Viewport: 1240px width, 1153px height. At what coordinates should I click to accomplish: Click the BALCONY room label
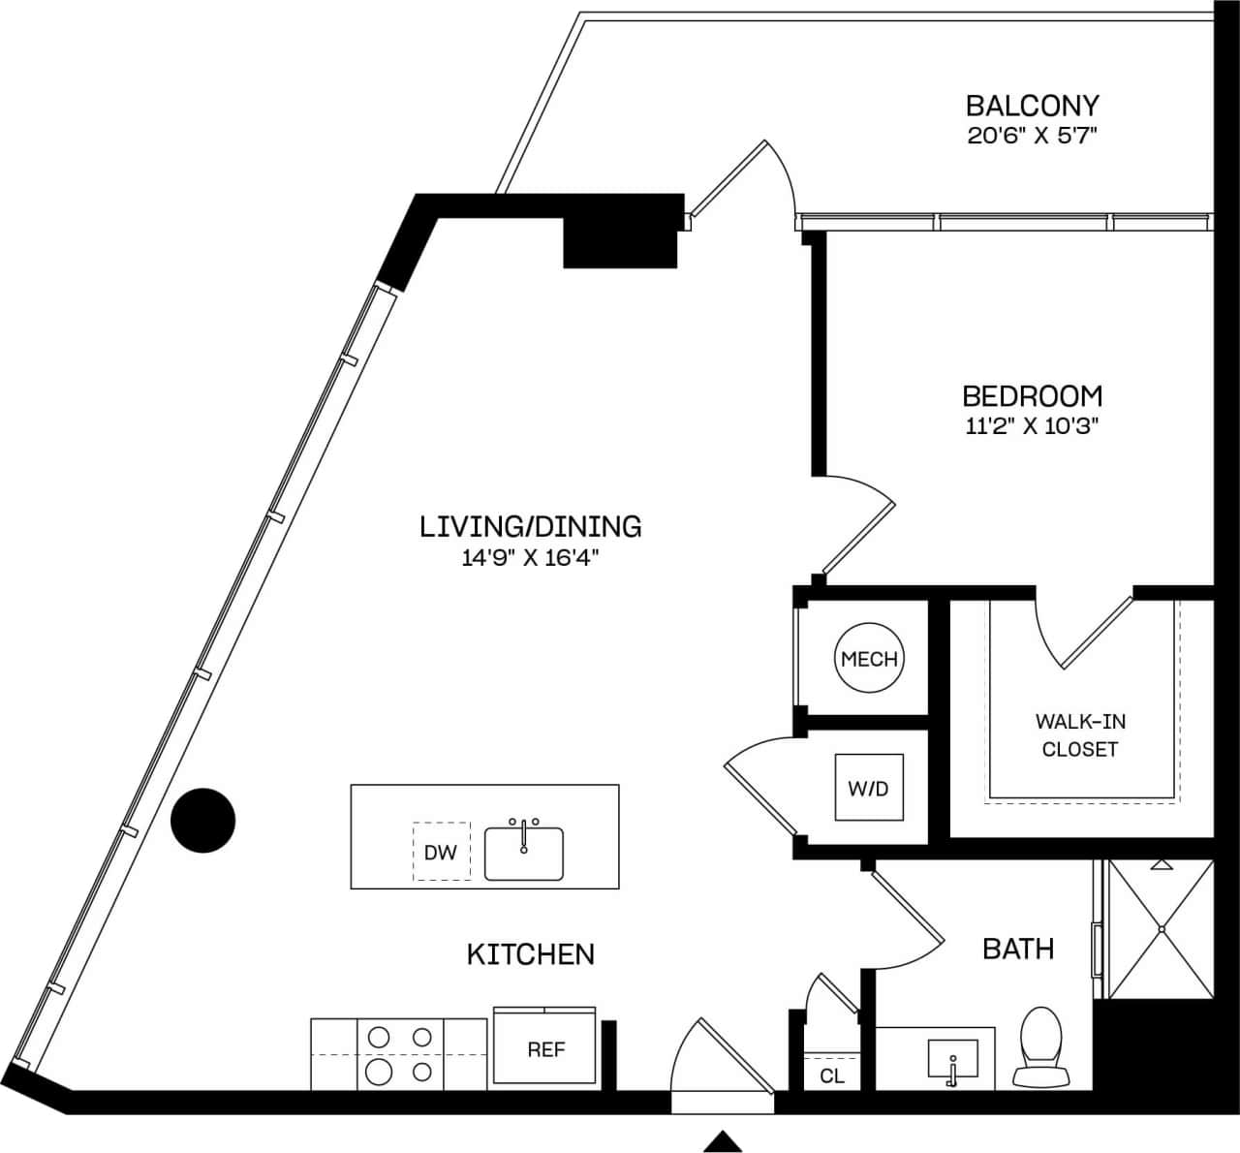point(1032,105)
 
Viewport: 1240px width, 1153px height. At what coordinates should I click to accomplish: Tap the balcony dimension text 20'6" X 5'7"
point(1032,135)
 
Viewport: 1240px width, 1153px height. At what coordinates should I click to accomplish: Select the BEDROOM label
point(1032,395)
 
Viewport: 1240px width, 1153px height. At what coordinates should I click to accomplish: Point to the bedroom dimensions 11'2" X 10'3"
point(1032,425)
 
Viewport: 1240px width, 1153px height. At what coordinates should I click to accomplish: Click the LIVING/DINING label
point(530,526)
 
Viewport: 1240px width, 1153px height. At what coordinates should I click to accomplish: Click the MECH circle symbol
point(869,659)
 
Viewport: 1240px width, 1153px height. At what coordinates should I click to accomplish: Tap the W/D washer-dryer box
point(869,788)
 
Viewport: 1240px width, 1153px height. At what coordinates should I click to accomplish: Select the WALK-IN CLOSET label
point(1080,735)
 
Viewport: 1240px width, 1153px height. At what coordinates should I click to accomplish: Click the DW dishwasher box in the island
point(441,852)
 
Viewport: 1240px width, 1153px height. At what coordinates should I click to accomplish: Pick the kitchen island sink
point(524,852)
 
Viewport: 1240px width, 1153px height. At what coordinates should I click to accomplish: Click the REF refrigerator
point(545,1049)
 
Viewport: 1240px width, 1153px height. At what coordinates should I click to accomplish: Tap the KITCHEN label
point(530,954)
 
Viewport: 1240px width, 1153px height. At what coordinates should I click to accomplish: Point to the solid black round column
point(203,821)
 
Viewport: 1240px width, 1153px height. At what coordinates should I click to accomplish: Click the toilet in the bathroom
point(1041,1046)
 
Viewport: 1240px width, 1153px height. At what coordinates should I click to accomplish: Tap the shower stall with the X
point(1160,928)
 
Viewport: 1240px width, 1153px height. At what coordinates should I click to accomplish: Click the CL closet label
point(831,1075)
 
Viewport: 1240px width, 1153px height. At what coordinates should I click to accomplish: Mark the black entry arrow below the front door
point(722,1141)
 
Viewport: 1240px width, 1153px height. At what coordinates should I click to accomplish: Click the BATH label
point(1018,948)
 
